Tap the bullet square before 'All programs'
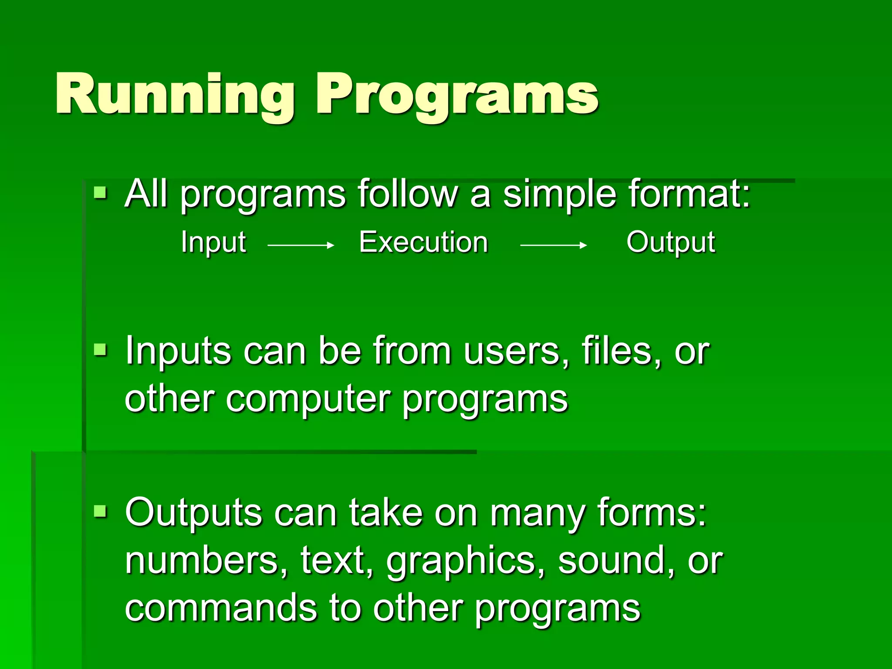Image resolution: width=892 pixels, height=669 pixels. click(100, 193)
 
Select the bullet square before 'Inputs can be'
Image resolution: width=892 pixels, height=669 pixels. click(100, 349)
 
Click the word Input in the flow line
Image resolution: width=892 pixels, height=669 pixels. click(213, 242)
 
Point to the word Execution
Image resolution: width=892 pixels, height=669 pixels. click(423, 242)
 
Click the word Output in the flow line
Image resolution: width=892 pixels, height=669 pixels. click(670, 242)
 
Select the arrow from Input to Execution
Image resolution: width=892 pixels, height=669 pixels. click(301, 246)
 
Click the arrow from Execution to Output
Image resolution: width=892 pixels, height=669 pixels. click(553, 246)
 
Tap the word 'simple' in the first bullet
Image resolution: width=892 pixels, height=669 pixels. click(560, 194)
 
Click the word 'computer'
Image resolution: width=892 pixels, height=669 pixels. click(307, 400)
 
